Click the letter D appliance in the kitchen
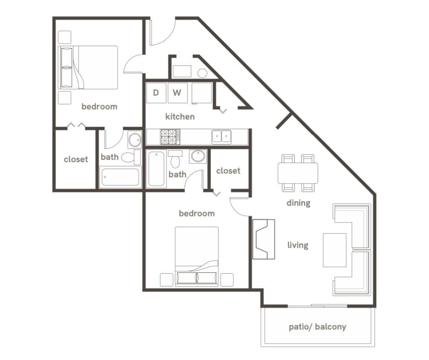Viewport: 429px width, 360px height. click(x=156, y=93)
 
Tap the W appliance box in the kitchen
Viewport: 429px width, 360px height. click(x=178, y=93)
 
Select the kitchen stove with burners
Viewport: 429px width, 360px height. click(x=170, y=137)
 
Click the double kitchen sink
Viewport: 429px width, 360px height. click(x=222, y=136)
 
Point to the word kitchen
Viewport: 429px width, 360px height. click(x=180, y=116)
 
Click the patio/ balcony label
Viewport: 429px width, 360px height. click(x=317, y=327)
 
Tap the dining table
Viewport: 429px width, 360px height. click(x=298, y=173)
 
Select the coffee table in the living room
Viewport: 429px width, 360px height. click(x=335, y=250)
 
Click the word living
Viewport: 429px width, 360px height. click(x=298, y=245)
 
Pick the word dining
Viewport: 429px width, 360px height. click(x=298, y=203)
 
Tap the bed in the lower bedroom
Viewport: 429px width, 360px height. click(x=197, y=256)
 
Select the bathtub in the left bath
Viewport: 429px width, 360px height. click(x=120, y=177)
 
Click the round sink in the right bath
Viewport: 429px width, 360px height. click(x=198, y=156)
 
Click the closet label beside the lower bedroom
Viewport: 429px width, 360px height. click(x=228, y=170)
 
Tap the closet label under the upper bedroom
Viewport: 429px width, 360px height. click(x=76, y=159)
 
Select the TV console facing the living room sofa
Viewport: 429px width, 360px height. click(x=264, y=239)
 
